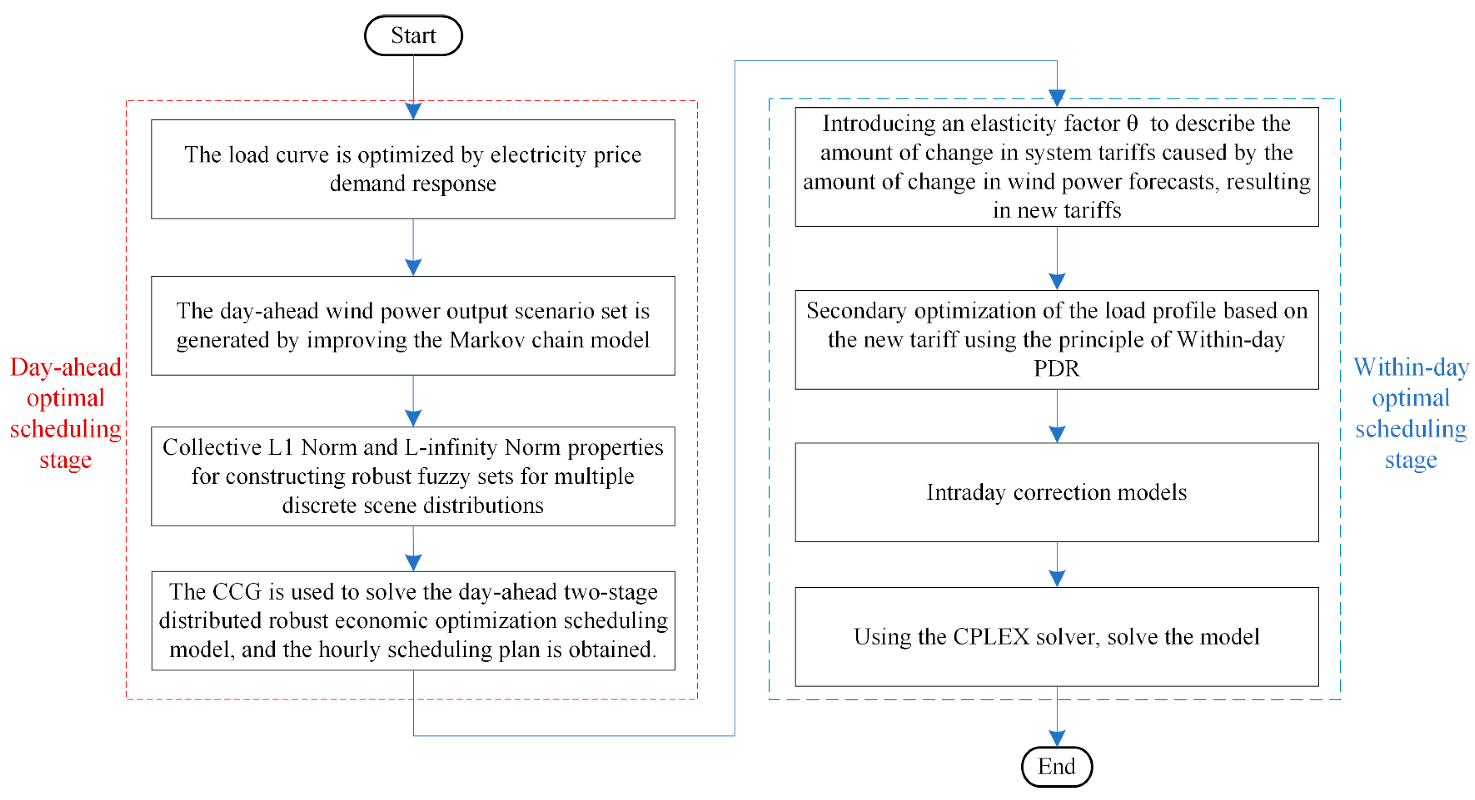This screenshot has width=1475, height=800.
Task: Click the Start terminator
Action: tap(413, 36)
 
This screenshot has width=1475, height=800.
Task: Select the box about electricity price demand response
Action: tap(413, 169)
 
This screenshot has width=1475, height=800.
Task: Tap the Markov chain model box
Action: tap(413, 325)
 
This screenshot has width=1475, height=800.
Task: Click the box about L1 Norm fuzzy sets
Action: tap(413, 476)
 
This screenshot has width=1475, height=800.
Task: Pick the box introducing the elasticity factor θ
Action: tap(1056, 167)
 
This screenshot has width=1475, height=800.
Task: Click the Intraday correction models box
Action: tap(1056, 492)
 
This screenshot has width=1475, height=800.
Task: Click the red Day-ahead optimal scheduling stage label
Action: tap(65, 413)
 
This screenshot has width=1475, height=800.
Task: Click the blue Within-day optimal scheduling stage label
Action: tap(1410, 413)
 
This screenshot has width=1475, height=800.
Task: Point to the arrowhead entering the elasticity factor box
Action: tap(1056, 98)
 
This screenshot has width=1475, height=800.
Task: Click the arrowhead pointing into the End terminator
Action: tap(1056, 738)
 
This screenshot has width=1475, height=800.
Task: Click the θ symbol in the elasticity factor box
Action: tap(1132, 124)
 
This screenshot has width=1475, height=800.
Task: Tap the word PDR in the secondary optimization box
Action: tap(1056, 368)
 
